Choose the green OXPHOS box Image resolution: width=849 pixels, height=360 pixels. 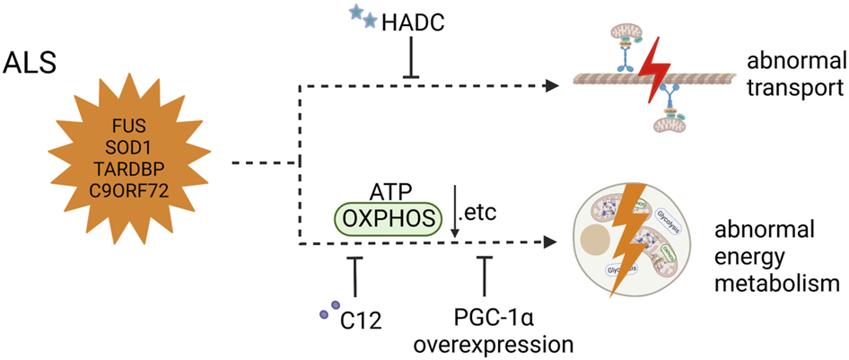point(388,217)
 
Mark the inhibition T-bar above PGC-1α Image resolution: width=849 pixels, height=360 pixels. point(485,274)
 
